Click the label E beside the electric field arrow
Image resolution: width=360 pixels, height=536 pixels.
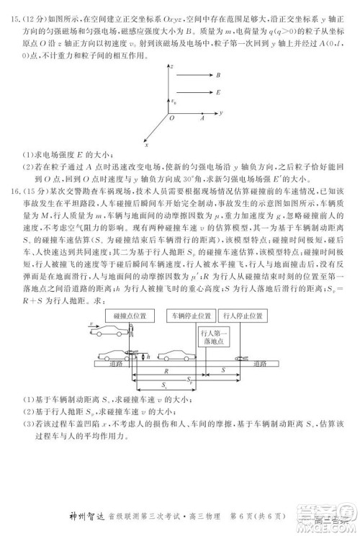(x=217, y=92)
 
